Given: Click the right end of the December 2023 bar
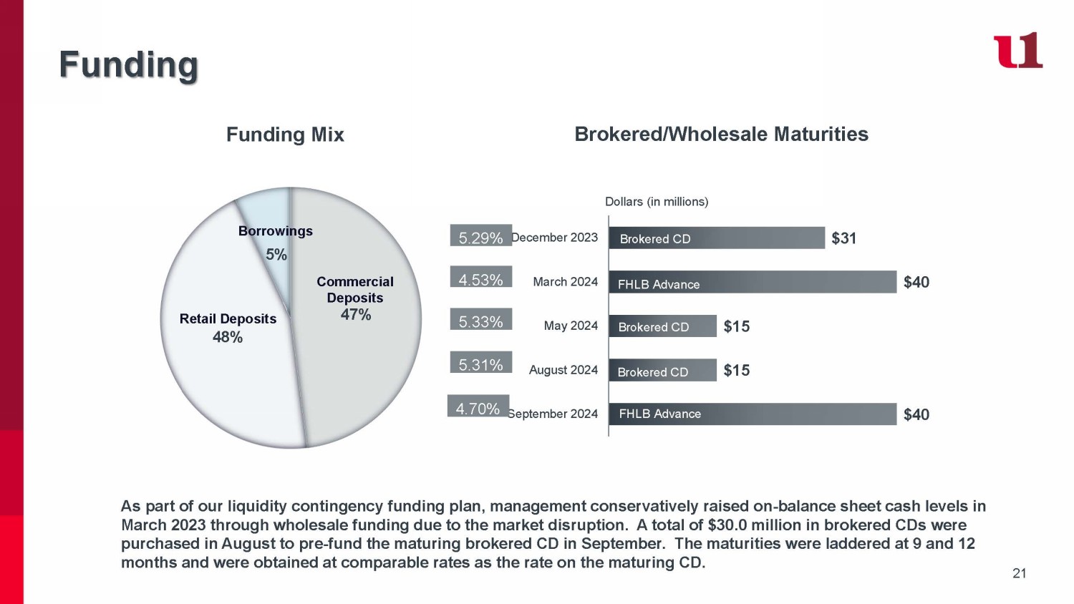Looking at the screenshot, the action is (x=825, y=238).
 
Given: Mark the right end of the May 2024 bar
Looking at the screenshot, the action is (x=716, y=326).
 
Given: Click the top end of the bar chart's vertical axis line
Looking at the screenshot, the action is (x=609, y=216).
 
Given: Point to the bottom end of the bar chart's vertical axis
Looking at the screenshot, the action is (x=609, y=436).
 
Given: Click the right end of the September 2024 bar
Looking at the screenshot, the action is (x=896, y=414).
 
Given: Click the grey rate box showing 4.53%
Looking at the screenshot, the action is (x=481, y=276).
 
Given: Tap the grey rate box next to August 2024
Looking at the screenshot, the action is (x=481, y=362).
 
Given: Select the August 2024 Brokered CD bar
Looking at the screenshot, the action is (x=662, y=370).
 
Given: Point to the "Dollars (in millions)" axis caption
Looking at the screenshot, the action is (x=657, y=202).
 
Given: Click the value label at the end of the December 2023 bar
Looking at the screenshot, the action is (x=844, y=238).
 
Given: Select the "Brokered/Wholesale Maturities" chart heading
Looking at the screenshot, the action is (x=721, y=135).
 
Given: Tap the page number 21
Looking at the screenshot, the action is (x=1020, y=573).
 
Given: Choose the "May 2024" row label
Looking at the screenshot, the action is (x=571, y=326).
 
